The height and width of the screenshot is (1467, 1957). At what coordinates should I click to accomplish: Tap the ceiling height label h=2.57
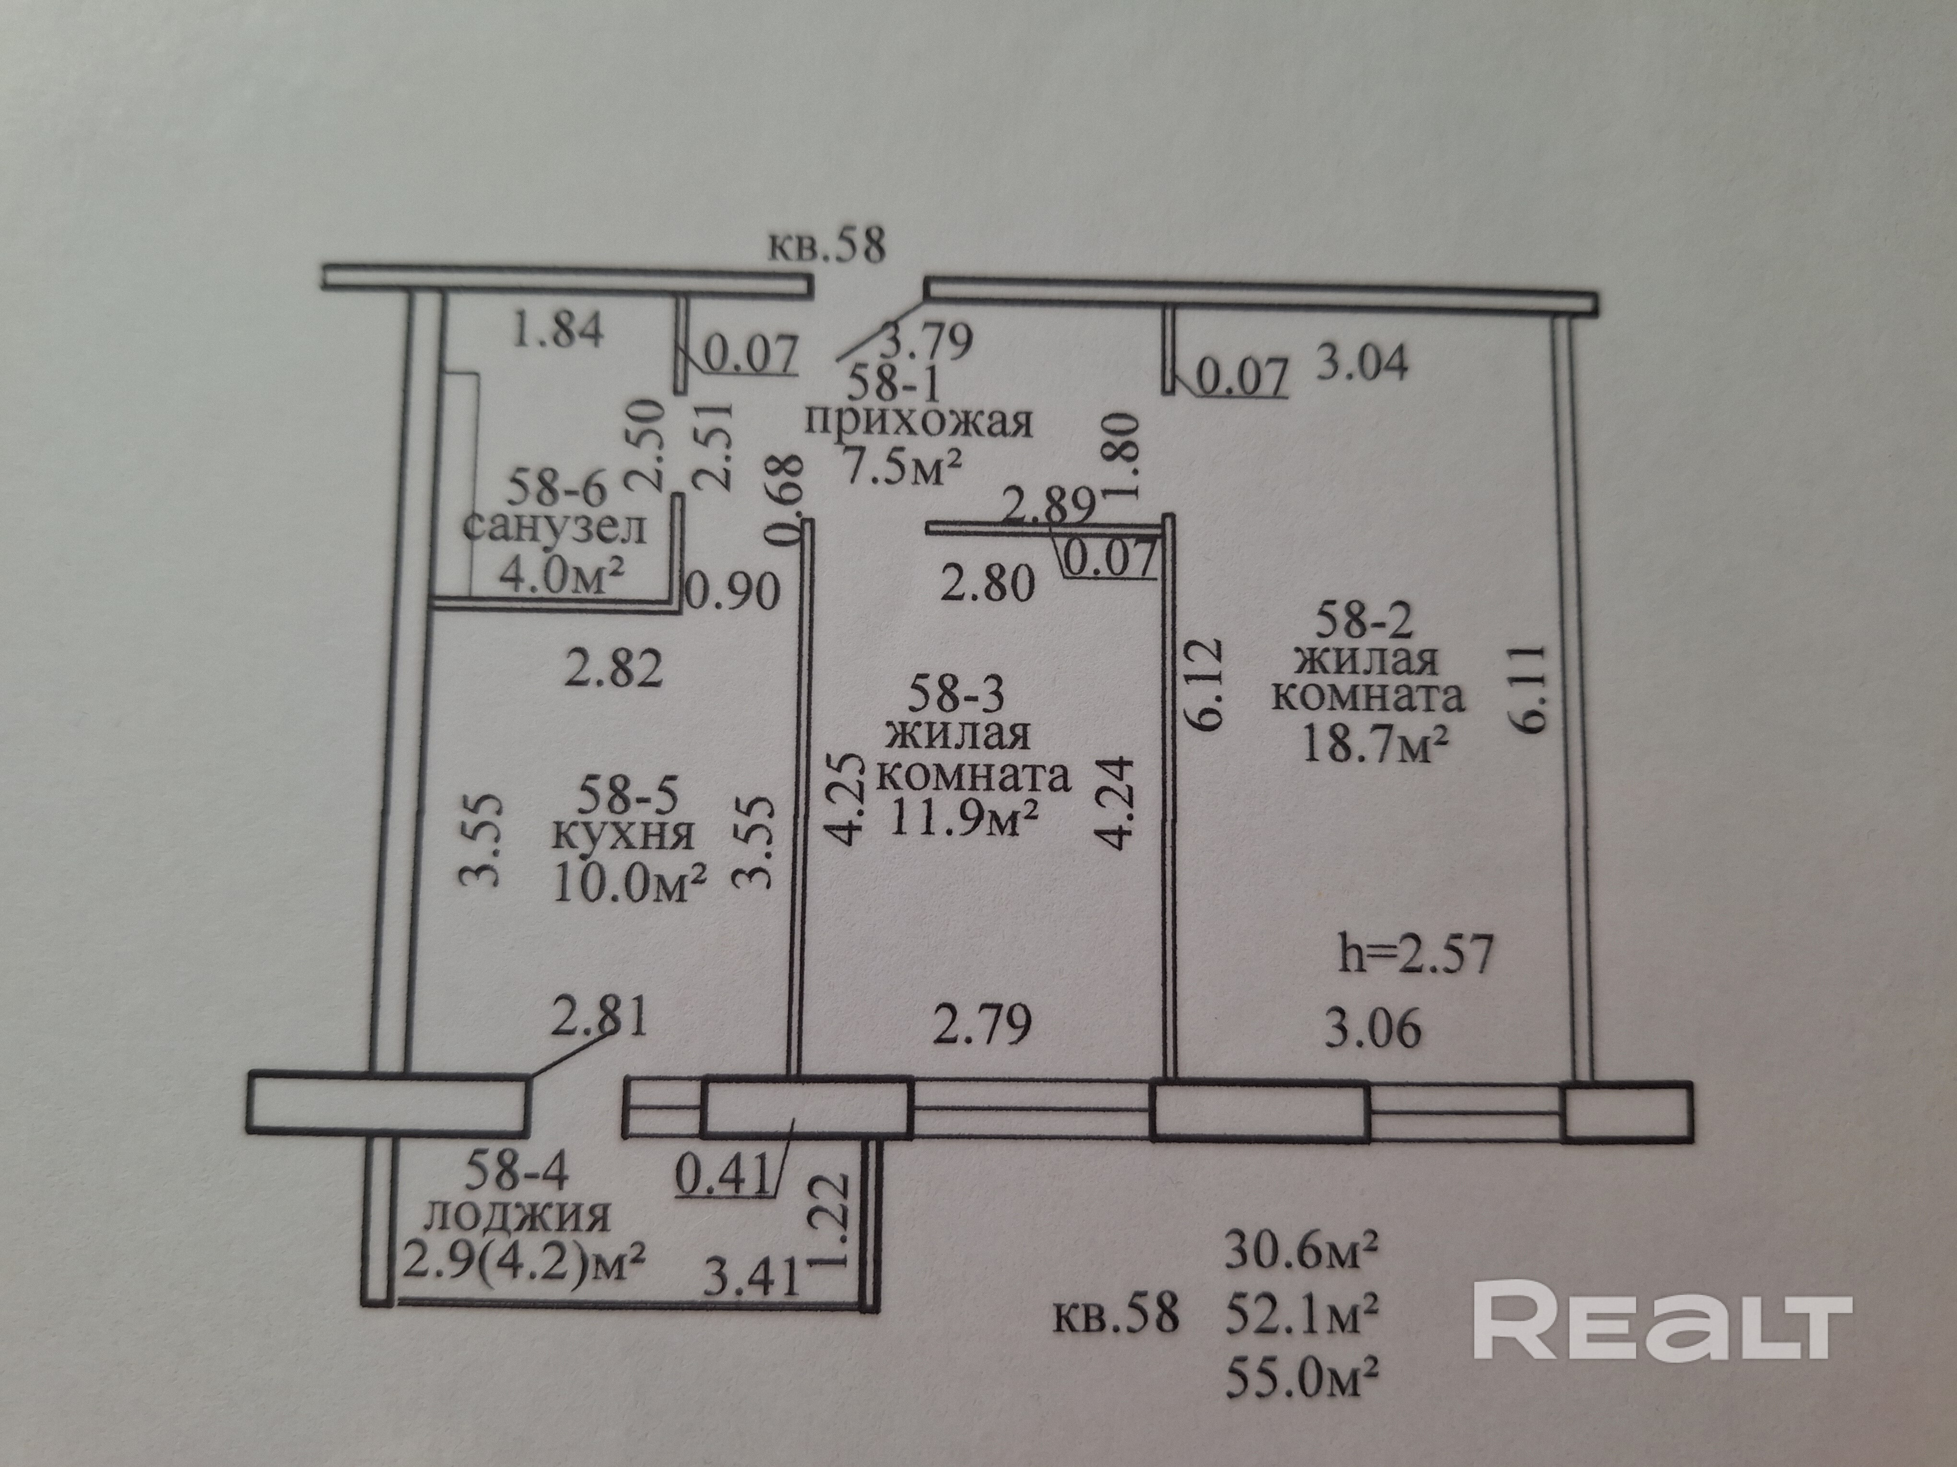1415,956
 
